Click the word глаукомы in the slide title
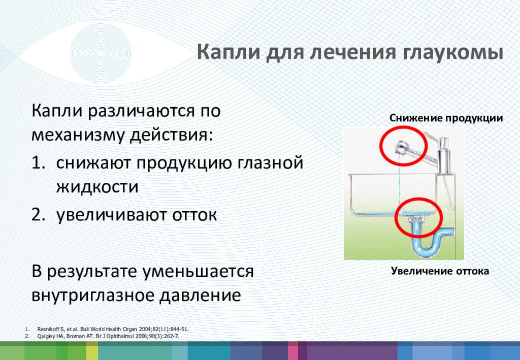[x=454, y=53]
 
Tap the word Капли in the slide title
[x=228, y=53]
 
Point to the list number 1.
[x=38, y=162]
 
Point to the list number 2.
[x=38, y=214]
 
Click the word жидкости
[x=97, y=187]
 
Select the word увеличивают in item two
[x=111, y=215]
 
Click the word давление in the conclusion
[x=200, y=295]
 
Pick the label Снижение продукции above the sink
[x=446, y=118]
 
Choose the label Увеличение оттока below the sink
[x=440, y=271]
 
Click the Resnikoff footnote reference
[x=113, y=329]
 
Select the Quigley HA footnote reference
[x=108, y=336]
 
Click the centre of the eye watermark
[x=101, y=53]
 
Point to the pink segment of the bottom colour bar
[x=292, y=351]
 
